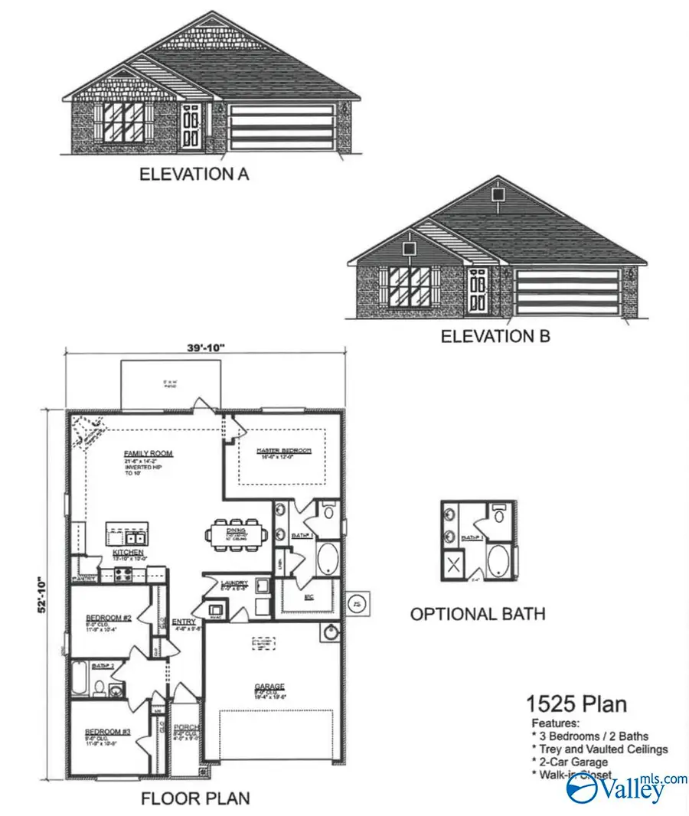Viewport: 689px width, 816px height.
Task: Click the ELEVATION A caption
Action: (x=194, y=175)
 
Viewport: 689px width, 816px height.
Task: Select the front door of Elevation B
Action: (x=478, y=289)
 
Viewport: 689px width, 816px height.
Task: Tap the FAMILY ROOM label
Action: (x=149, y=453)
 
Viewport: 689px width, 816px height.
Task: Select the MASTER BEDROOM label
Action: (x=283, y=451)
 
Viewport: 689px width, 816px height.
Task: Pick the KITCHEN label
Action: (x=124, y=551)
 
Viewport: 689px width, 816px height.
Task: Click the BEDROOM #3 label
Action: (x=107, y=732)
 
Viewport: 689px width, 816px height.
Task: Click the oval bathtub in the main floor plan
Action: (x=327, y=558)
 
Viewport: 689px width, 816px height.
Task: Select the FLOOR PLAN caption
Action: (x=195, y=799)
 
